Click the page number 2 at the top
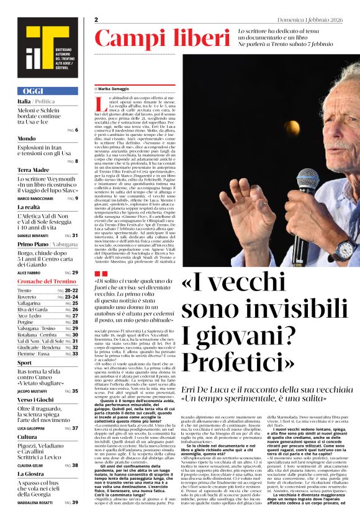click(x=97, y=20)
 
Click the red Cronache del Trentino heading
click(x=47, y=282)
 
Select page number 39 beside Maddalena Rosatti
click(x=75, y=502)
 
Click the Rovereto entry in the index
click(x=28, y=297)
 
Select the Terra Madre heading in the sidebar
click(x=34, y=169)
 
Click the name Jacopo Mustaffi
click(x=34, y=391)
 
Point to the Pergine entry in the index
click(x=26, y=322)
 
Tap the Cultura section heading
click(x=27, y=436)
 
